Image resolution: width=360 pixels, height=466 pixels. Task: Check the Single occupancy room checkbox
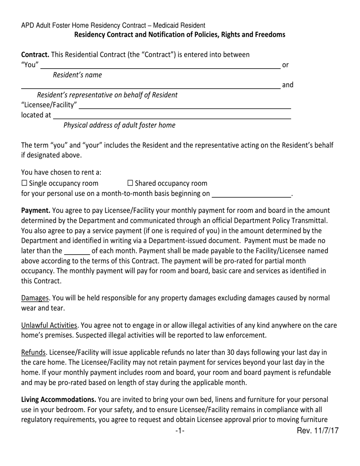pyautogui.click(x=24, y=183)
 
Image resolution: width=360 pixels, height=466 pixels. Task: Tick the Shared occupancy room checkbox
pyautogui.click(x=130, y=183)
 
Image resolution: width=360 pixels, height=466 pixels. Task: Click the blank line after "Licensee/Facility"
pyautogui.click(x=185, y=107)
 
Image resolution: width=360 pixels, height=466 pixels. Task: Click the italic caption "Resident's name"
pyautogui.click(x=77, y=75)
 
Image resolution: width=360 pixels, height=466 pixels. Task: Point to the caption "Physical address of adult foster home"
pyautogui.click(x=119, y=125)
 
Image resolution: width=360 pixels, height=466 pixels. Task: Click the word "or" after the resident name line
pyautogui.click(x=286, y=65)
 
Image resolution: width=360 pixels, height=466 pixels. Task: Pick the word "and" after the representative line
pyautogui.click(x=288, y=85)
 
